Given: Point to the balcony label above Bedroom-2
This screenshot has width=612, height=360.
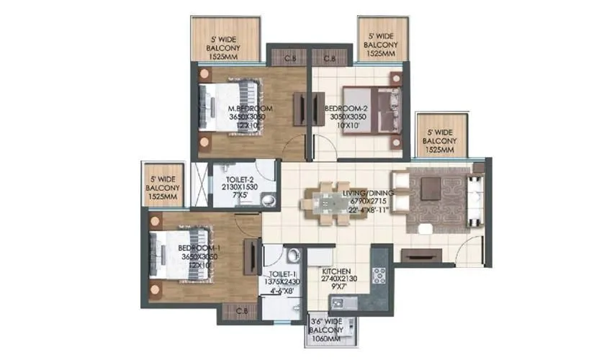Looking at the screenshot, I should [379, 44].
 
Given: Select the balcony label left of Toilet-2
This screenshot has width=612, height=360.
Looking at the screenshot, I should [163, 186].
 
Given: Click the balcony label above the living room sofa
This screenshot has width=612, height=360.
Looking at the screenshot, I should [439, 141].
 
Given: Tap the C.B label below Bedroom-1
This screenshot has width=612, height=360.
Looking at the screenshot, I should [240, 310].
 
